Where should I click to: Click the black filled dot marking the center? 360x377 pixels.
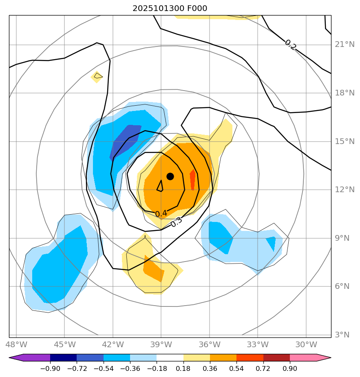(170, 176)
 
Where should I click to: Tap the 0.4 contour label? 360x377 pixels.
(161, 214)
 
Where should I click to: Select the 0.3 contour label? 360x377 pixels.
(176, 222)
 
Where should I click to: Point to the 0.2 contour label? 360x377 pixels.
(290, 45)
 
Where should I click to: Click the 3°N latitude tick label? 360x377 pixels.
(342, 335)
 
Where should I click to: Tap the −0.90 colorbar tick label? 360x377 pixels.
(50, 368)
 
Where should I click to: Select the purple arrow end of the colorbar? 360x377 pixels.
(16, 358)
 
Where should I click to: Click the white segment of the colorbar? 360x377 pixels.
(170, 358)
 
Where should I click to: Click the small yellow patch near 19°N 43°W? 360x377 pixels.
(97, 77)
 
